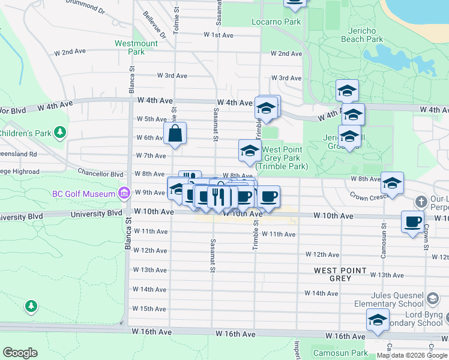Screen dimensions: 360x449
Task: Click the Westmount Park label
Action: coord(136,47)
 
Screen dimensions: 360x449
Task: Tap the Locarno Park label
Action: coord(276,22)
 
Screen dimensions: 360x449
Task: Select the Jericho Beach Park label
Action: coord(362,35)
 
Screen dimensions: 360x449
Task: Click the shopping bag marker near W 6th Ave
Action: coord(175,134)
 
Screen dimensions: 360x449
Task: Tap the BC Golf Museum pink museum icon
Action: coord(124,193)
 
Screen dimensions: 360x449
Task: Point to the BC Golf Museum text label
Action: coord(84,194)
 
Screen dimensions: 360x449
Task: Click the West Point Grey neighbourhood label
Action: coord(340,274)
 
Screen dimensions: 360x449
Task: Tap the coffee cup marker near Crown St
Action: coord(413,221)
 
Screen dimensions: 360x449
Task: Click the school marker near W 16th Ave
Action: coord(378,321)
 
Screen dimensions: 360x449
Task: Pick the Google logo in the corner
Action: coord(20,353)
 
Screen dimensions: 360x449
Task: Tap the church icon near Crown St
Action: coord(422,201)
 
